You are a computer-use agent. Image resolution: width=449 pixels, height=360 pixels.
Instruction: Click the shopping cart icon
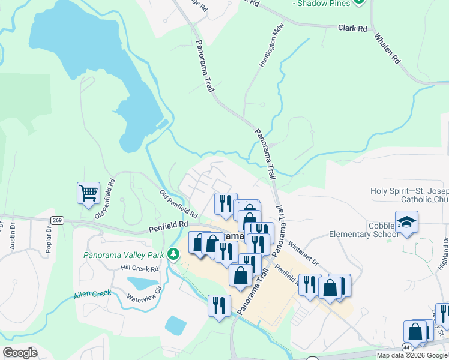click(88, 193)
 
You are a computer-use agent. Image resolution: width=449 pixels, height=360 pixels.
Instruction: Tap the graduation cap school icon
click(406, 221)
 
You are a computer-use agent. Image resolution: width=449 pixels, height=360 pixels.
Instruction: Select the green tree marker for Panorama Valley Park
click(173, 254)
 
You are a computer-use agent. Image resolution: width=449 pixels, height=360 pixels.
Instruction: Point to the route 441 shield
click(408, 347)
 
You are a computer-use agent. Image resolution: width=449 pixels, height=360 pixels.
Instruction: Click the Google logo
click(20, 353)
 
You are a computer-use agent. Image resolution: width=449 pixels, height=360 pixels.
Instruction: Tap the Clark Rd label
click(352, 28)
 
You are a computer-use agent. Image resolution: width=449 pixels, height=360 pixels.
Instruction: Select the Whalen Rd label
click(387, 47)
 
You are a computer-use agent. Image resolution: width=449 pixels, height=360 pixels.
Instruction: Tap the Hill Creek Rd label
click(139, 268)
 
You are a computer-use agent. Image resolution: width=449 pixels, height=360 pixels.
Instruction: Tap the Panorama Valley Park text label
click(123, 255)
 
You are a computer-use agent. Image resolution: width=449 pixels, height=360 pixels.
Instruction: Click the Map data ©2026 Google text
click(412, 355)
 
